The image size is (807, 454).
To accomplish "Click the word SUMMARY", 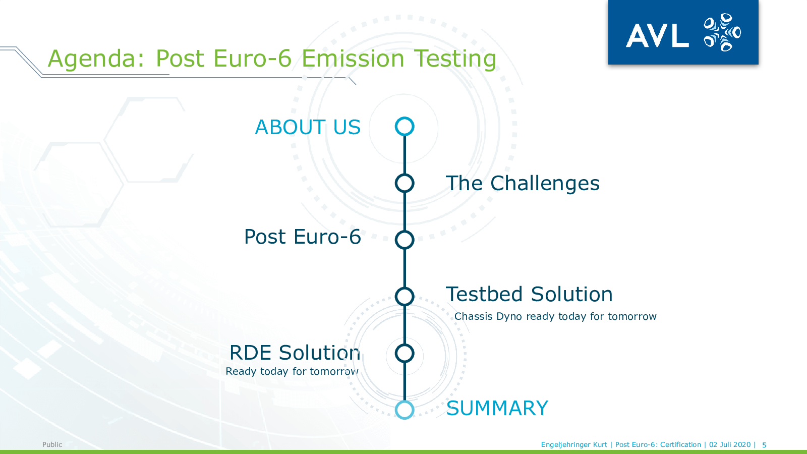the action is pos(497,408).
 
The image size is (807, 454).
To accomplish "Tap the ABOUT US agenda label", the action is pos(308,127).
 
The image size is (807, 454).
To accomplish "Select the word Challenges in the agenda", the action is pos(545,184).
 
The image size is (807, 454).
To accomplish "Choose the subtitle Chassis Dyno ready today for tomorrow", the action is pos(555,316).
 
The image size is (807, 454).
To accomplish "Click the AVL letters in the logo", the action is pos(658,35).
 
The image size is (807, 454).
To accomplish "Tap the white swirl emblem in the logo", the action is pos(722,32).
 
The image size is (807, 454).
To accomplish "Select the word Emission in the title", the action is pos(353,59).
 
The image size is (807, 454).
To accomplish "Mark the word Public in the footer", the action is pos(52,444).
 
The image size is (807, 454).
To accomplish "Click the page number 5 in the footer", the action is pos(764,445).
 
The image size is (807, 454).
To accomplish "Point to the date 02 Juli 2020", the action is pos(730,444).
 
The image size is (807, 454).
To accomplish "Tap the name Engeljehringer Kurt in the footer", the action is pos(574,444).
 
